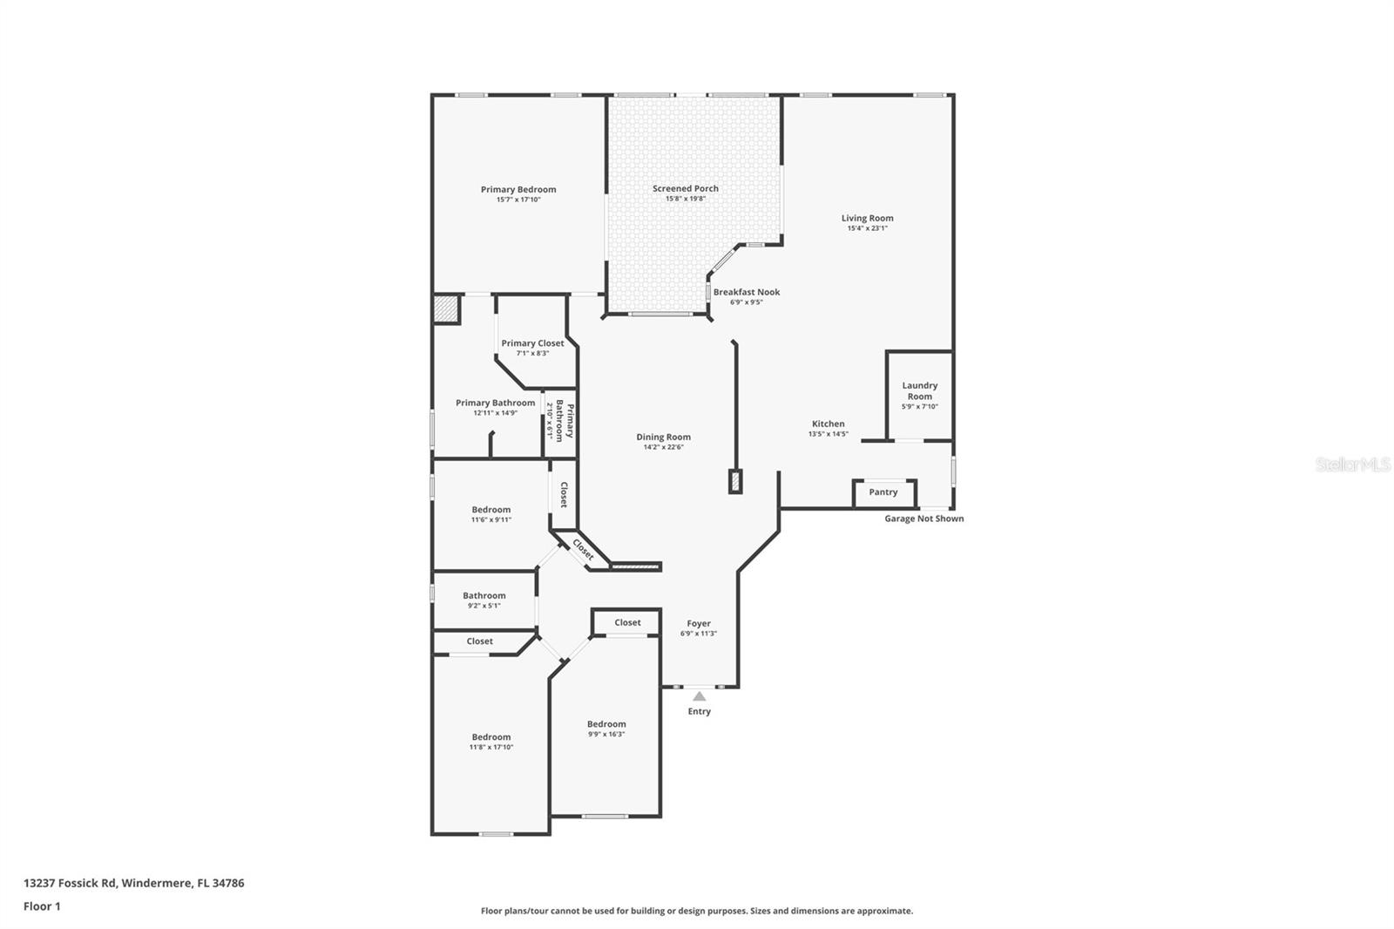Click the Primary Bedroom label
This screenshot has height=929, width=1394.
[x=518, y=189]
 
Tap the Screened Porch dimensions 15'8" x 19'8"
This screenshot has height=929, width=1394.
[x=686, y=199]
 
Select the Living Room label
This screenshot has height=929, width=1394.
[x=867, y=218]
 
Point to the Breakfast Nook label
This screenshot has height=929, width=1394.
[x=747, y=292]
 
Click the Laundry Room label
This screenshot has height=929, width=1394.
[x=919, y=390]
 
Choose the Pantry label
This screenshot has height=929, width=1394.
[x=883, y=492]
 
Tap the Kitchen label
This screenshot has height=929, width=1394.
[x=828, y=424]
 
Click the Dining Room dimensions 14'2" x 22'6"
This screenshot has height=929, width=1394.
[x=663, y=447]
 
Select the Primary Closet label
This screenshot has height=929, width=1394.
[x=532, y=342]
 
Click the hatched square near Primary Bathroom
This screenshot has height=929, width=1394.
[x=446, y=309]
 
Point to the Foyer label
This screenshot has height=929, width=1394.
[x=699, y=623]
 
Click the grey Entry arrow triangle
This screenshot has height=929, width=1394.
[x=699, y=695]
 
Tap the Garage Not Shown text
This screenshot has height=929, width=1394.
[x=924, y=519]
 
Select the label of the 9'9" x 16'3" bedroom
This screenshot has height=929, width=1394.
[x=606, y=723]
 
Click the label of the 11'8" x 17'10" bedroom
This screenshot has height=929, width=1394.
[x=491, y=736]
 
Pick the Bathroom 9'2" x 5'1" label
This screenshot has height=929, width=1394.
[x=484, y=595]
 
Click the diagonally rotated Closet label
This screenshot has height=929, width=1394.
[x=583, y=549]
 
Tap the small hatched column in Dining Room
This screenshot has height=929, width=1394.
[x=734, y=481]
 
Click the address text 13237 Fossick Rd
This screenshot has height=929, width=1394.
[x=71, y=883]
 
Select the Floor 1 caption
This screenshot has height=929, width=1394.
[x=42, y=906]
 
